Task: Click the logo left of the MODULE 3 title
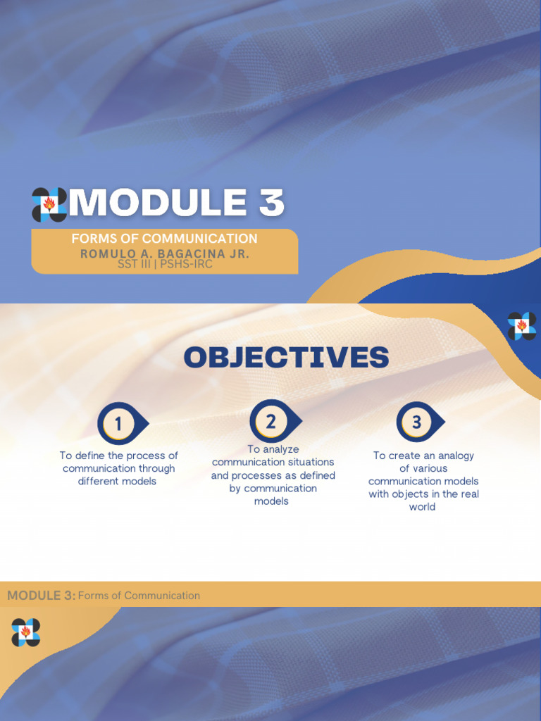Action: [x=49, y=204]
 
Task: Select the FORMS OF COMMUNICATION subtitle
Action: [x=164, y=239]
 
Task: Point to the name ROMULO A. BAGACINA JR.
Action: [x=165, y=253]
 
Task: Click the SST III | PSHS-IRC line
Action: [x=165, y=265]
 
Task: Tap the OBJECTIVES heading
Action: [x=286, y=358]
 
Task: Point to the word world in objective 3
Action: [x=422, y=507]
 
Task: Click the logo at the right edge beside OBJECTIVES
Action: [x=522, y=325]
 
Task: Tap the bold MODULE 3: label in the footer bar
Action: [x=41, y=596]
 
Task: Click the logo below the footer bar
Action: [x=25, y=632]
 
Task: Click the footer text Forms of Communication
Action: [x=139, y=596]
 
